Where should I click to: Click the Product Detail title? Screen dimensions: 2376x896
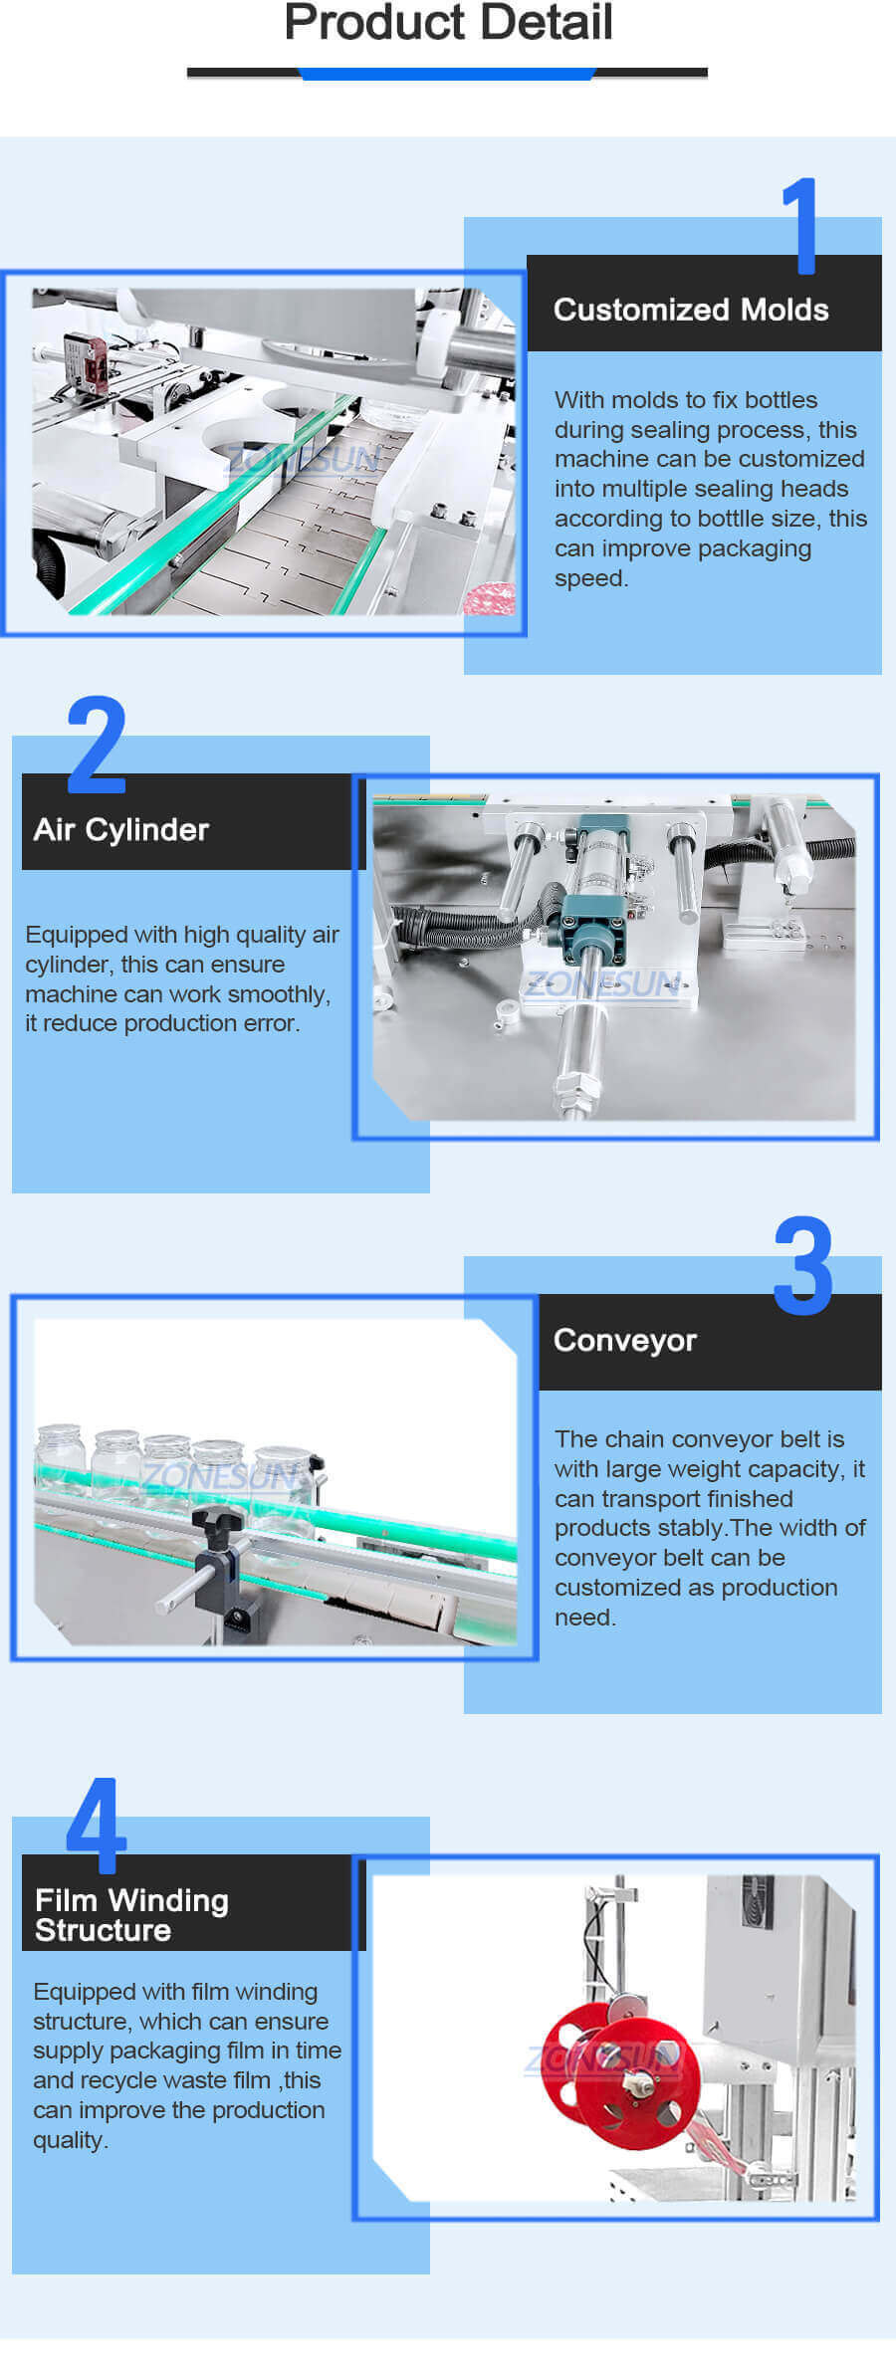448,23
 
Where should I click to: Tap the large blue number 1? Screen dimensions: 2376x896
800,226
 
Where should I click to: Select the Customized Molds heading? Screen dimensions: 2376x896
691,310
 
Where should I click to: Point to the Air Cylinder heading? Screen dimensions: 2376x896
121,829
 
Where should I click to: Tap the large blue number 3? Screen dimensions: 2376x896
802,1266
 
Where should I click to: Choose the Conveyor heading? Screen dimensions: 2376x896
624,1340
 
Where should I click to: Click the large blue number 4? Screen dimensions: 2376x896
97,1827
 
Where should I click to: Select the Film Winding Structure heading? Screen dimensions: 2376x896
131,1914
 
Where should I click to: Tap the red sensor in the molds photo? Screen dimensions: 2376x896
87,362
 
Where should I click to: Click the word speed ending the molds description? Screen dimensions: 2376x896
590,578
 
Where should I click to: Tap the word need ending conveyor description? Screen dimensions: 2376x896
584,1618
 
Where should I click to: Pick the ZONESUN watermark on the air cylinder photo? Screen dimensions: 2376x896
603,984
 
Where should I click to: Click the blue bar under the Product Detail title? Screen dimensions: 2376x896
447,74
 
